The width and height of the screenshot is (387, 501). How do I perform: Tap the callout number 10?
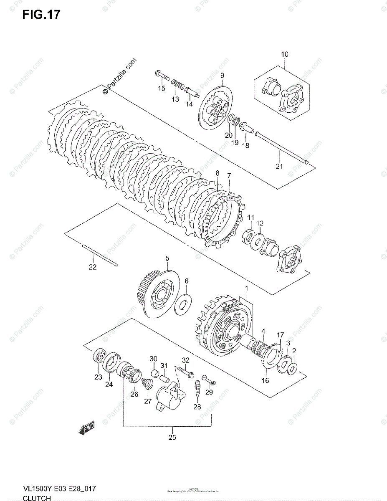(284, 54)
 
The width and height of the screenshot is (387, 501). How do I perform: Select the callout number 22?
(92, 267)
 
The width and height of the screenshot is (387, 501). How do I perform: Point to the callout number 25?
(172, 437)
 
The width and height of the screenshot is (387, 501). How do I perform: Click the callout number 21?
(279, 166)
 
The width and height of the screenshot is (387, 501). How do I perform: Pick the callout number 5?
(167, 259)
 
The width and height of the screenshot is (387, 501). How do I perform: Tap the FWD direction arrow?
(87, 429)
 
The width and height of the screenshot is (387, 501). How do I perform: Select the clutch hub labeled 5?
(157, 295)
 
